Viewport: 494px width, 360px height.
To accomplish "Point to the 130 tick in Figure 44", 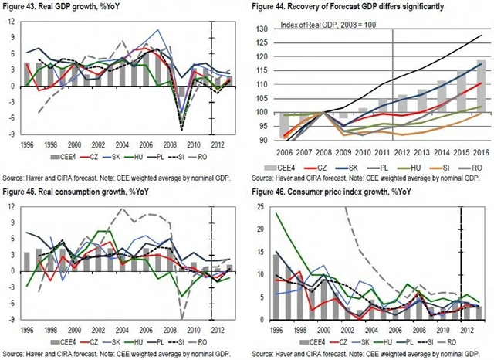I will (x=261, y=29).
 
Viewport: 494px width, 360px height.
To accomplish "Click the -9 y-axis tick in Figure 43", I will (x=10, y=133).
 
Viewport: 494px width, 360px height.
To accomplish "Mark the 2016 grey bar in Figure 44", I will (x=480, y=101).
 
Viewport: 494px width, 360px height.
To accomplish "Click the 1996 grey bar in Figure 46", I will (x=276, y=287).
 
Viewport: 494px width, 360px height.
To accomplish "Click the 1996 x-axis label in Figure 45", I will (x=27, y=328).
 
